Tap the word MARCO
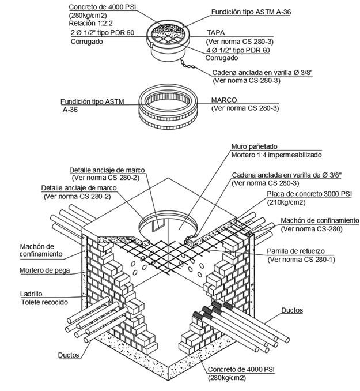(224, 99)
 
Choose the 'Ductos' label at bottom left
(70, 355)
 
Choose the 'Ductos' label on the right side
(292, 310)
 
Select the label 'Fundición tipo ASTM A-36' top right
(249, 12)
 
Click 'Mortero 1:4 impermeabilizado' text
(276, 156)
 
